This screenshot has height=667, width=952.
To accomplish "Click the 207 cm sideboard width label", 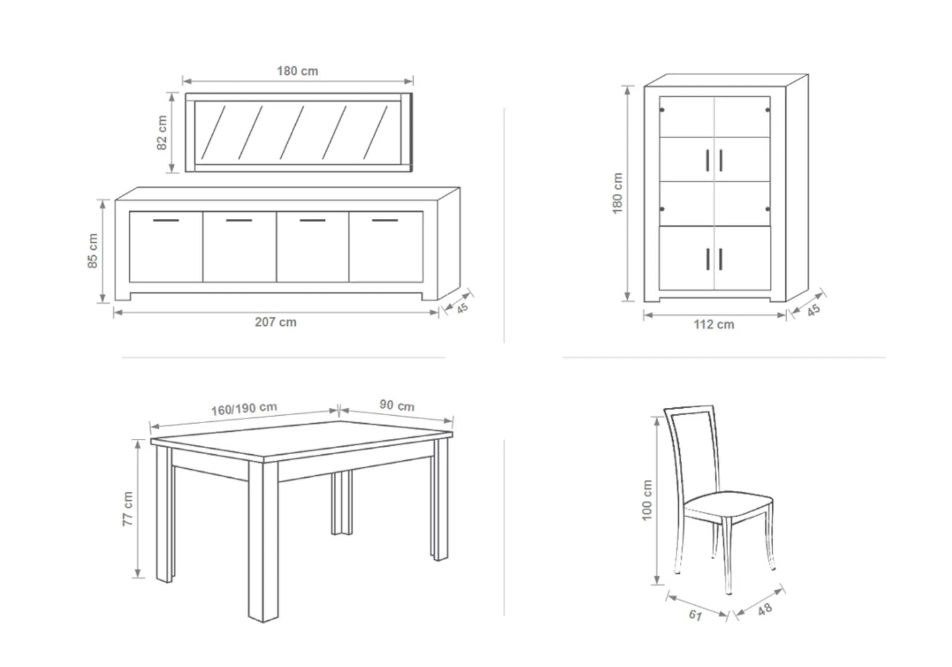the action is (x=275, y=322).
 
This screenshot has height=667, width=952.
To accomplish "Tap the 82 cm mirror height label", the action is (x=162, y=132).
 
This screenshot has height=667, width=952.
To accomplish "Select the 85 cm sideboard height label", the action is (x=92, y=251).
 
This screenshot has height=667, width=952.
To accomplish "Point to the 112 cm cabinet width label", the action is (x=714, y=325).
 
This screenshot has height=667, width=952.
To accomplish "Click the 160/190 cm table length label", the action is (x=244, y=409).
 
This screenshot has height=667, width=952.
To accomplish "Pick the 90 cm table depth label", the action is (x=397, y=405).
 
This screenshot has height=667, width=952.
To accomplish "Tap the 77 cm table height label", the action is (x=128, y=509).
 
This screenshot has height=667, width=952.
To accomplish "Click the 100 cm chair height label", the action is (x=646, y=500).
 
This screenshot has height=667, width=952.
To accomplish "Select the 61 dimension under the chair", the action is (x=695, y=615).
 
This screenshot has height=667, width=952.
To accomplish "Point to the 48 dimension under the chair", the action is (x=765, y=610).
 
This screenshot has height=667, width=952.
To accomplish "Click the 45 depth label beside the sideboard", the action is (x=462, y=308).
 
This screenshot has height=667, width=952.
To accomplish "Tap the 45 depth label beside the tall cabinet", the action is (x=814, y=310).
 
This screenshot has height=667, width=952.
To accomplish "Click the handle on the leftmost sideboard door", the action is (x=166, y=221).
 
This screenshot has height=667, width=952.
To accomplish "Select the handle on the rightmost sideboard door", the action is (x=385, y=221).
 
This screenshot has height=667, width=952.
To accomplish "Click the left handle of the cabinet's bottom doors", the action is (x=708, y=259).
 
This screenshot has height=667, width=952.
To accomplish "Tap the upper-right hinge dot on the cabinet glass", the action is (x=768, y=110).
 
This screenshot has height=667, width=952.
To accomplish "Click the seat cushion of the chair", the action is (x=728, y=504).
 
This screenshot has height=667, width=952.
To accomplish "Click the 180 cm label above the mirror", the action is (x=298, y=71).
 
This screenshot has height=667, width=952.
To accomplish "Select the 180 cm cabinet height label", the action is (x=617, y=193).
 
